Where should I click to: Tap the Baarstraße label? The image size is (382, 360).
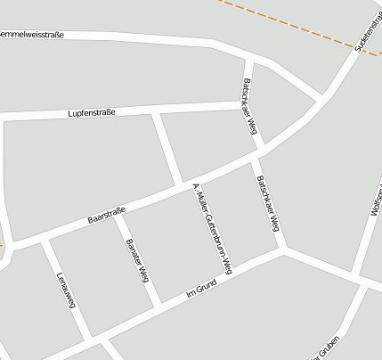click(106, 216)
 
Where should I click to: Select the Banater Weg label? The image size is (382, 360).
click(136, 260)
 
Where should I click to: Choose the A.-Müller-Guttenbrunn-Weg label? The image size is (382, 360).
click(213, 228)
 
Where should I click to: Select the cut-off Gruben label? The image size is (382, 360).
click(326, 352)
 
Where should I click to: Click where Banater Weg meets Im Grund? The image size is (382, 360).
click(158, 307)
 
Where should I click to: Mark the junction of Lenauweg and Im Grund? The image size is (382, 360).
click(89, 340)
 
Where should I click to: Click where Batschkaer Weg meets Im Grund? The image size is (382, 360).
click(284, 249)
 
